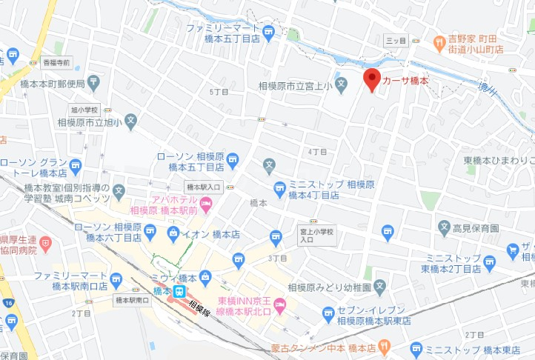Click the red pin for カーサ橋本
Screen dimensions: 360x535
pos(373,79)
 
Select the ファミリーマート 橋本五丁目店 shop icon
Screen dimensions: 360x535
pos(268,31)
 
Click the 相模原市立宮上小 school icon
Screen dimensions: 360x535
pos(341,83)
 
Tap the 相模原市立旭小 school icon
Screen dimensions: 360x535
pos(130,119)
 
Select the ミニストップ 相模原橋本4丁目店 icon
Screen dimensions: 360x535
pos(279,189)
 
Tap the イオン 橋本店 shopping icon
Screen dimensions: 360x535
pos(173,234)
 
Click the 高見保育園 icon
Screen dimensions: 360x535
pos(444,226)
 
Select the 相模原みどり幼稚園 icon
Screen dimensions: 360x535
pos(379,284)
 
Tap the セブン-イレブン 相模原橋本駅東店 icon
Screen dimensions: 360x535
pos(328,316)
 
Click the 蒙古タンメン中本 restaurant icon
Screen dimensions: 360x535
pos(384,346)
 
